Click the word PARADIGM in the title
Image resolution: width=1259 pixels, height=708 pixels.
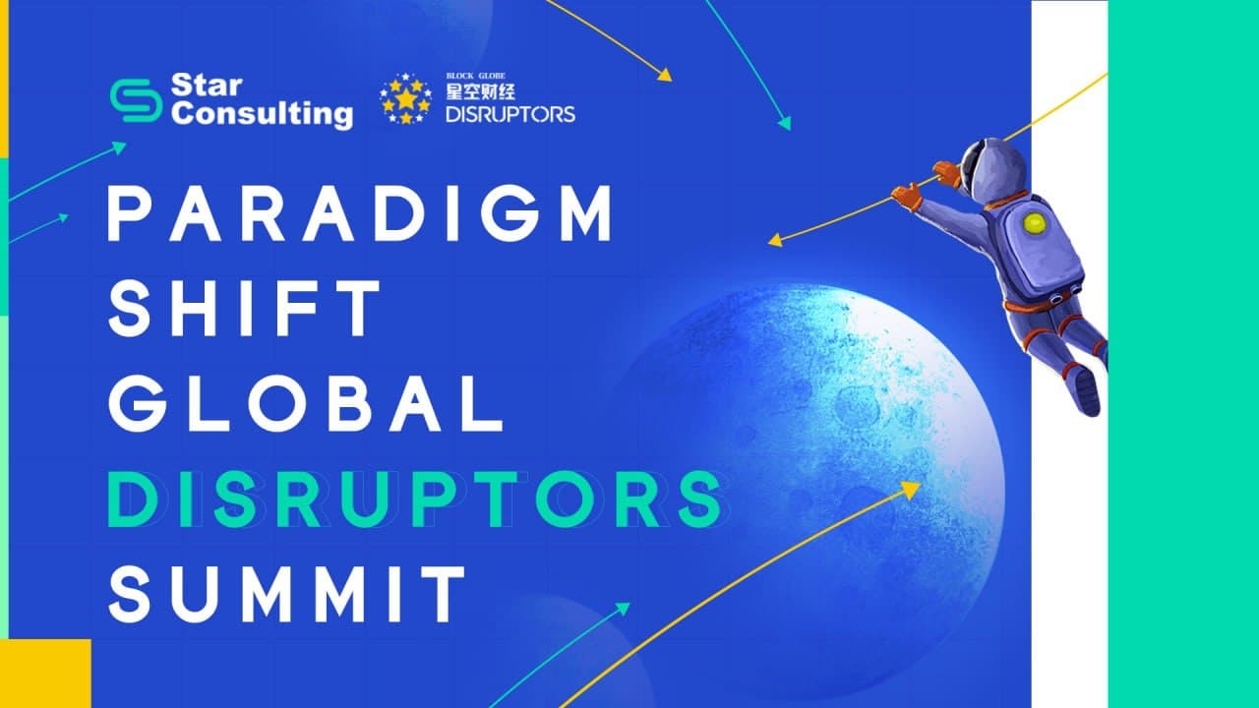coord(359,213)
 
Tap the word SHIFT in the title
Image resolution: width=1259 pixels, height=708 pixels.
coord(244,309)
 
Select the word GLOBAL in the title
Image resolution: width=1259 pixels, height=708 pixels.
coord(305,403)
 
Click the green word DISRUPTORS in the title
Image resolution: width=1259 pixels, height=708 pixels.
coord(415,499)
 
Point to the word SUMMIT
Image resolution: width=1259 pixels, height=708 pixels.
coord(287,594)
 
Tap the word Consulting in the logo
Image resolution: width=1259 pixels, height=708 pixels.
coord(263,115)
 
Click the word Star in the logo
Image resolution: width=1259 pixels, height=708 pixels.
coord(207,85)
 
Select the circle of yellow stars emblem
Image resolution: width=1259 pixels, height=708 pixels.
coord(406,98)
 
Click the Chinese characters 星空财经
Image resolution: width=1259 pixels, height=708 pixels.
coord(481,91)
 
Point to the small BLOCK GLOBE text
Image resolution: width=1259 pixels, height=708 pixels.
coord(475,76)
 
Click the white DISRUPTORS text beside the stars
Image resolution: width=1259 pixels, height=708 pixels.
coord(510,114)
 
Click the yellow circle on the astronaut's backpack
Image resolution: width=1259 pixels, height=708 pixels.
coord(1034,223)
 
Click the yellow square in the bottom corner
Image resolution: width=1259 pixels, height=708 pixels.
coord(45,674)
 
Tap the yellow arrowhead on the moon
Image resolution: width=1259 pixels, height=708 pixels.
coord(911,490)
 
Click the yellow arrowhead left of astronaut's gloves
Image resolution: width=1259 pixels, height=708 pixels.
coord(775,241)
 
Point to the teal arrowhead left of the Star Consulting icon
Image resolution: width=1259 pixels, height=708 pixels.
coord(119,147)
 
